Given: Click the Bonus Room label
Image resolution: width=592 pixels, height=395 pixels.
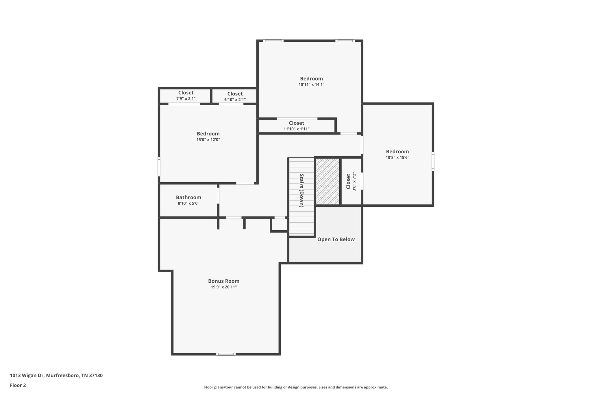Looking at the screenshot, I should click(224, 281).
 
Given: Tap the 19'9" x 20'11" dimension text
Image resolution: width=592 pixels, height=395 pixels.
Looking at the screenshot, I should click(224, 287).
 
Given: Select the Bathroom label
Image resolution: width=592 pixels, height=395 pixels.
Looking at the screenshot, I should click(188, 197).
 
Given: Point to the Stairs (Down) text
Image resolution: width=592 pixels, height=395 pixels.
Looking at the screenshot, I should click(301, 190).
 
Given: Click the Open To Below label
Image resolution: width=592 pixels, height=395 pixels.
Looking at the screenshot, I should click(336, 239).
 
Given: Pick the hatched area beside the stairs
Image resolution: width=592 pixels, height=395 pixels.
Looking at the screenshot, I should click(328, 181).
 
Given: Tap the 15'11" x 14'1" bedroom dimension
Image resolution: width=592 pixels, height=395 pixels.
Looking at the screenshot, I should click(311, 85).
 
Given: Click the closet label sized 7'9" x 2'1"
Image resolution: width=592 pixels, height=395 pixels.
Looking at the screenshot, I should click(186, 93).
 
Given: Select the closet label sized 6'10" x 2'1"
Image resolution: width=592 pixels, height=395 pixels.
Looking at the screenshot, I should click(235, 94).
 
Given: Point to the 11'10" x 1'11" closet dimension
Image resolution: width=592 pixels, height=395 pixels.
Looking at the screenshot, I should click(296, 129).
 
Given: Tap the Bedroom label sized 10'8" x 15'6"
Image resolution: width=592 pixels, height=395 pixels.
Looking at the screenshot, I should click(397, 151).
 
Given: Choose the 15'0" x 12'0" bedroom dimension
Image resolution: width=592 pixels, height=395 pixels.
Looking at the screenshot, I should click(208, 140).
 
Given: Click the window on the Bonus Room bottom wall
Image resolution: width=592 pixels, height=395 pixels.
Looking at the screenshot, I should click(226, 354).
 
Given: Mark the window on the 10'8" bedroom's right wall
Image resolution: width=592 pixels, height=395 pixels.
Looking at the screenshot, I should click(433, 161).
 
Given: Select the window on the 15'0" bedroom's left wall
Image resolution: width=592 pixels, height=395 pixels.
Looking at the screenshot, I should click(159, 166).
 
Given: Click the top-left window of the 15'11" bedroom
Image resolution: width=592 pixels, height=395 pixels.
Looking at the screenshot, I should click(273, 41).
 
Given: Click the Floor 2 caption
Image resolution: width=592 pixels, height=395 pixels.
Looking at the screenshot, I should click(18, 385).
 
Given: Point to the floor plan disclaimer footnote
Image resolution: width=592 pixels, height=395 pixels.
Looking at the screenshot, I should click(296, 387).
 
